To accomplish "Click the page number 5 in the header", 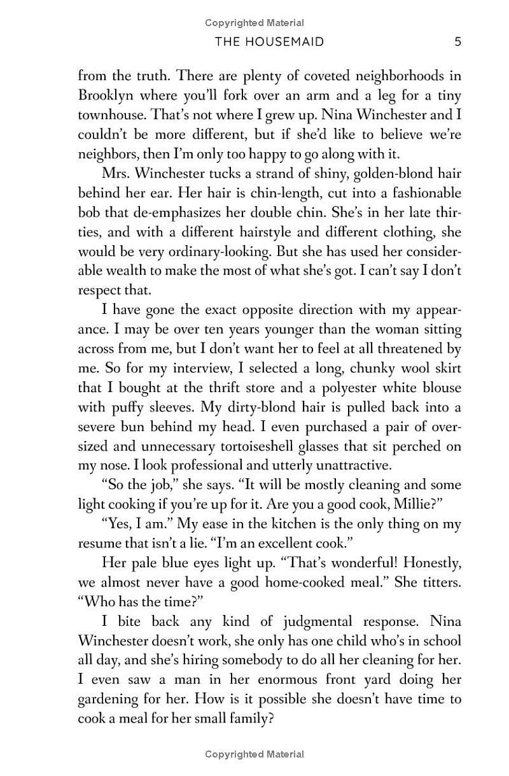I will [458, 42].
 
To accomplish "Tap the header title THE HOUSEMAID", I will [270, 42].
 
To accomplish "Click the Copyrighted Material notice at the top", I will [254, 23].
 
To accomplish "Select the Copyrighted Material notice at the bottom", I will [254, 754].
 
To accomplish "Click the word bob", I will [88, 213].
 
